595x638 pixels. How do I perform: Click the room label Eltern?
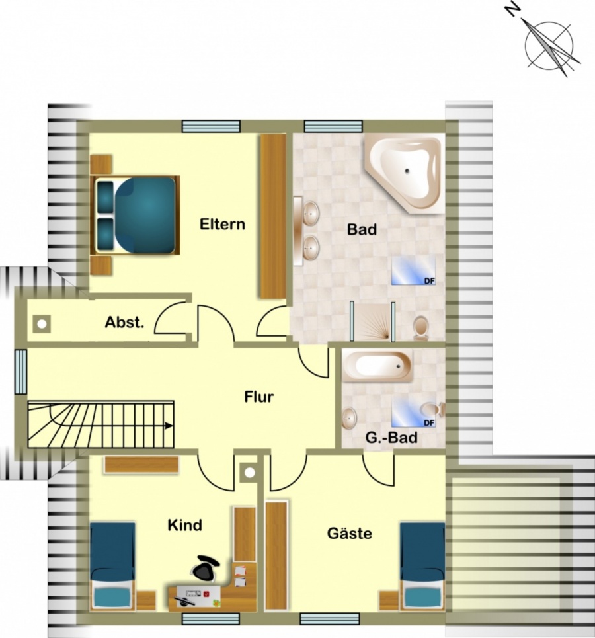(x=222, y=224)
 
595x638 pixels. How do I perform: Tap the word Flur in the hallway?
(x=259, y=397)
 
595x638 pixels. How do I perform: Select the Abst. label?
(x=124, y=322)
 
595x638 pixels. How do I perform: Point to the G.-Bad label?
(x=391, y=438)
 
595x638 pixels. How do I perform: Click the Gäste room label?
(x=350, y=533)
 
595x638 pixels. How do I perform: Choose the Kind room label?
(x=184, y=525)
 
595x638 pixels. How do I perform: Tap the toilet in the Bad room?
(x=421, y=328)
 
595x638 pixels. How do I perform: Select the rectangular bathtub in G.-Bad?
(x=377, y=366)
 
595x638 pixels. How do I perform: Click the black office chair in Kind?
(x=205, y=569)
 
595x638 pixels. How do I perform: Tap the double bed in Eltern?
(x=135, y=215)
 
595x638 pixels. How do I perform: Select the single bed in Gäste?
(x=422, y=566)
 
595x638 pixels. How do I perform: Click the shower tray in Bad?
(x=372, y=321)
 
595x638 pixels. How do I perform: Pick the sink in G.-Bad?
(x=349, y=418)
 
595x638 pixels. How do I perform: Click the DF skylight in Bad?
(x=413, y=270)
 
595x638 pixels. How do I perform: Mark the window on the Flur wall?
(x=20, y=372)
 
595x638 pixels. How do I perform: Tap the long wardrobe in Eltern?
(x=273, y=216)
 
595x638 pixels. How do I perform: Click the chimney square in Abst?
(x=42, y=325)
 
